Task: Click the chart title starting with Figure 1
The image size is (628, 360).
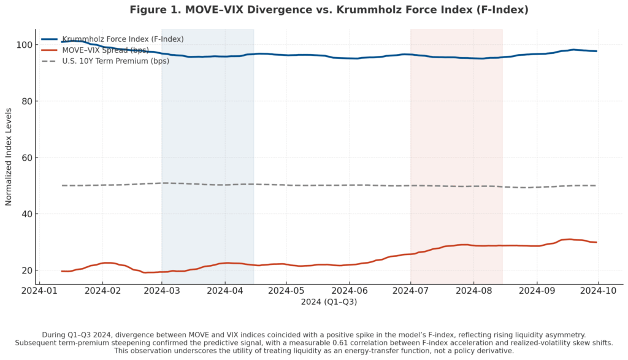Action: coord(329,10)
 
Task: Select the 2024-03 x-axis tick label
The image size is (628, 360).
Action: coord(162,290)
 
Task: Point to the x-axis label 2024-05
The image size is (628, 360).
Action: coord(286,290)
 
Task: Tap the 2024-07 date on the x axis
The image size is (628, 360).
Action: coord(411,290)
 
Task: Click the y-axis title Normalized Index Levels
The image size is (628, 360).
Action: coord(9,157)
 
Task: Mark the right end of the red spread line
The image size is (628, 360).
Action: coord(597,242)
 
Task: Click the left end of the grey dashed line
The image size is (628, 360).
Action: coord(62,185)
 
